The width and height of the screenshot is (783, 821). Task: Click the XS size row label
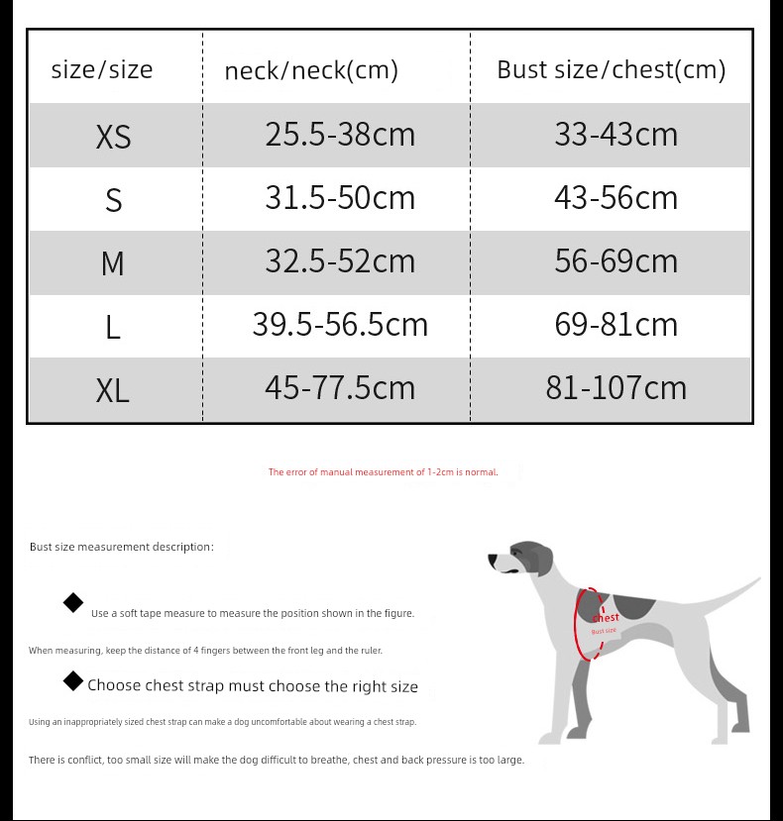pos(113,136)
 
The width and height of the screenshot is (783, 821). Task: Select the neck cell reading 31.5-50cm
pos(340,197)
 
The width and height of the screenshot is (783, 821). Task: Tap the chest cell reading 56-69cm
pos(615,260)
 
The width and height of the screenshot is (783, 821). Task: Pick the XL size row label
pos(113,390)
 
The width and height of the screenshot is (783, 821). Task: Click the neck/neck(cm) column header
pos(311,70)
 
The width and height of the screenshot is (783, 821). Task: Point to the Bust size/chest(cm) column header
pos(611,69)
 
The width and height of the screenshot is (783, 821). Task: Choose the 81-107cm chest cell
pos(615,387)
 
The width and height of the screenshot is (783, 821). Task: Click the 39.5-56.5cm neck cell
pos(340,324)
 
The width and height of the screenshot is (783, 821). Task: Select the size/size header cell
pos(102,69)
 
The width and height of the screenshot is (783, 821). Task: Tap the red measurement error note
pos(383,472)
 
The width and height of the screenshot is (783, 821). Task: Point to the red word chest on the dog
pos(605,617)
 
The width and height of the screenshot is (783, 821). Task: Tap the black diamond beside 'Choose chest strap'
pos(73,680)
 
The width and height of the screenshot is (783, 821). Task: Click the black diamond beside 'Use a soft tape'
pos(73,603)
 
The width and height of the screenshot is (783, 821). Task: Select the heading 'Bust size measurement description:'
pos(121,547)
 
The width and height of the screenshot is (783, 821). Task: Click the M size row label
pos(113,263)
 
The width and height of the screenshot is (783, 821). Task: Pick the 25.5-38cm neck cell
pos(340,134)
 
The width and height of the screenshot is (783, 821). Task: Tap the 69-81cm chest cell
pos(615,324)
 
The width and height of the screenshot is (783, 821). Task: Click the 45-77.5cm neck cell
pos(340,387)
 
